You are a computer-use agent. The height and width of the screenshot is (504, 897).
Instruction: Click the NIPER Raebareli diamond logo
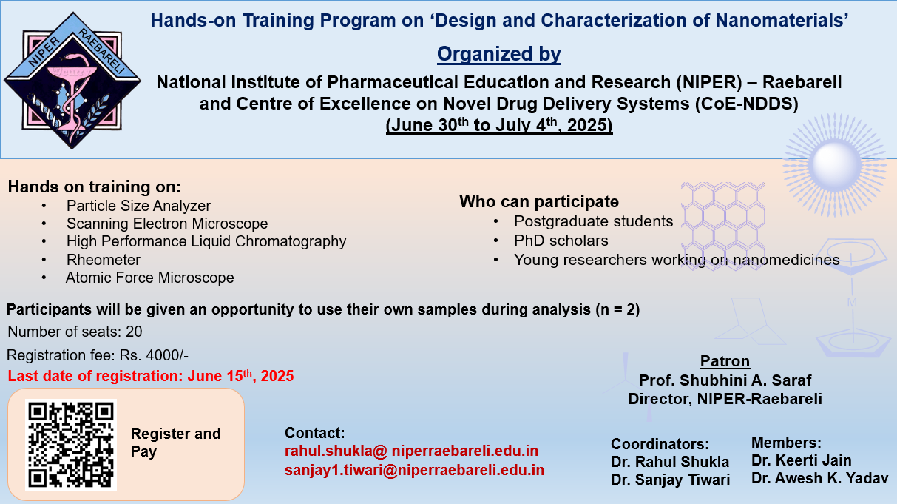72,81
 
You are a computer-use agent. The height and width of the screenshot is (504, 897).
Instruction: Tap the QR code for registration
71,445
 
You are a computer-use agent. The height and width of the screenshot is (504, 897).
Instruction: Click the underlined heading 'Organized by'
499,54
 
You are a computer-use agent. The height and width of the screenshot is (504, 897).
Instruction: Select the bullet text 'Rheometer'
104,260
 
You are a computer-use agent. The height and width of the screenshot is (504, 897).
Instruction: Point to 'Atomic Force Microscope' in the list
150,278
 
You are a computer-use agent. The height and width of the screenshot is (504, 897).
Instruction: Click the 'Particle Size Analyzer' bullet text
138,206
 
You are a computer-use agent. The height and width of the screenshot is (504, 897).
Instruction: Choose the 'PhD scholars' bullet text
561,241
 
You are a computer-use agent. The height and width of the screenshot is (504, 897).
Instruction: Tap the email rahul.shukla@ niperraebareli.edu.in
411,451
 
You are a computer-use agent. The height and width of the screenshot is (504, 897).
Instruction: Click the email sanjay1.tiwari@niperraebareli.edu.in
414,470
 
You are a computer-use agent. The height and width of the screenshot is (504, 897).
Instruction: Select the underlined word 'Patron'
725,361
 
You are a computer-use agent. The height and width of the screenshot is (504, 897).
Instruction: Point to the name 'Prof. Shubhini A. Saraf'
725,380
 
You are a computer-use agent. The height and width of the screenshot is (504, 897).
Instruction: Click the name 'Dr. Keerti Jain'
802,460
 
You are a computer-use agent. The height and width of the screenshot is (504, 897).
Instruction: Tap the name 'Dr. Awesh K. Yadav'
819,478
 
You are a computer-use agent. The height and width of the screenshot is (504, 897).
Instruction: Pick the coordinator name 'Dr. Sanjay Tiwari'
671,480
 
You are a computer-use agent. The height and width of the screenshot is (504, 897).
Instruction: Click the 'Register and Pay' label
176,443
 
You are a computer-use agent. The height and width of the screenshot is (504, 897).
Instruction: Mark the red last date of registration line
151,376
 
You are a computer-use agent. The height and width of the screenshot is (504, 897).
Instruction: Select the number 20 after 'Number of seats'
134,332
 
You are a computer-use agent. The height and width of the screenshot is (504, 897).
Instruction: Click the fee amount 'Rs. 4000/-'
154,355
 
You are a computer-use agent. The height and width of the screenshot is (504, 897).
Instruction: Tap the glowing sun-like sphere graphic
835,165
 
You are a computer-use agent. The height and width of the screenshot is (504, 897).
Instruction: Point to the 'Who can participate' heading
539,201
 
